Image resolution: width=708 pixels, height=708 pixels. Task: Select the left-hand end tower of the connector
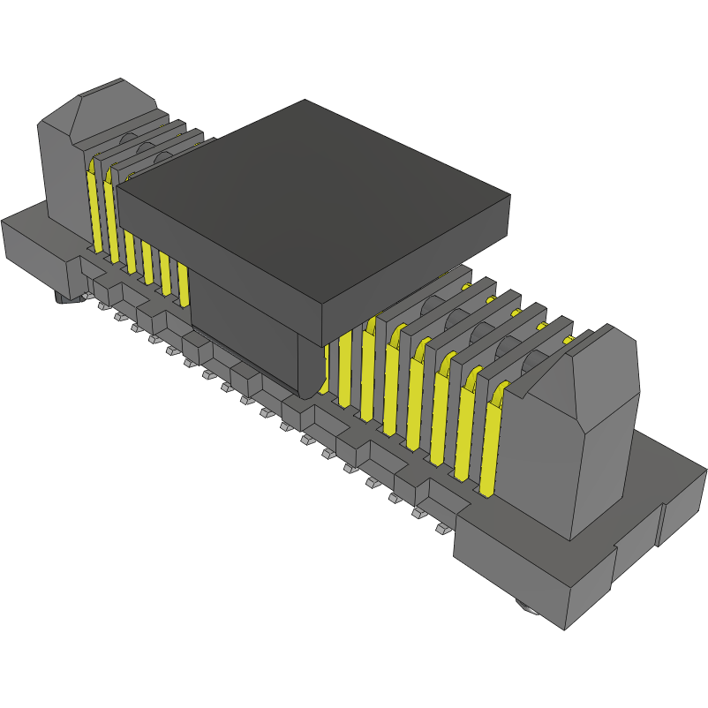(x=62, y=168)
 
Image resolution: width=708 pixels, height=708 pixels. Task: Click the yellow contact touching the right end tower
(x=490, y=441)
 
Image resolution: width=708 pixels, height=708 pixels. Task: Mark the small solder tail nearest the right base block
(x=441, y=530)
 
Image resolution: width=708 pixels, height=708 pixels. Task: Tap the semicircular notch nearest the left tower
(x=127, y=141)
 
